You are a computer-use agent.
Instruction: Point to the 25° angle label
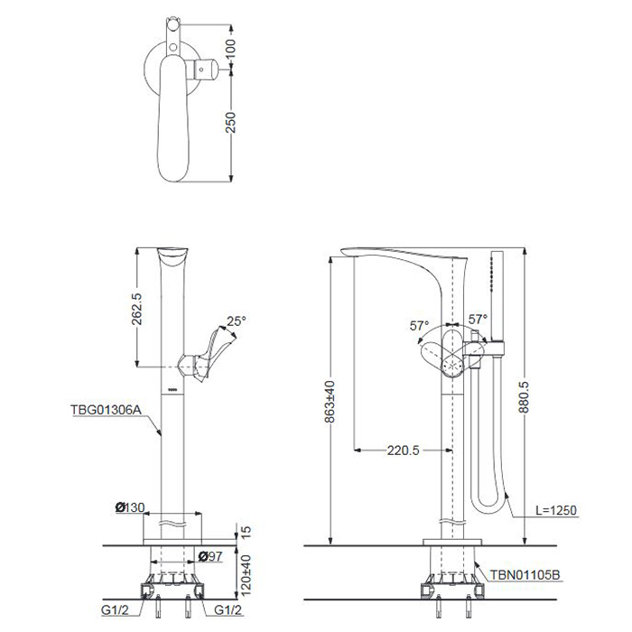(x=237, y=321)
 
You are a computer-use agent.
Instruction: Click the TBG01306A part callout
(x=107, y=408)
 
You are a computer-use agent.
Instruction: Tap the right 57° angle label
(x=478, y=319)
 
